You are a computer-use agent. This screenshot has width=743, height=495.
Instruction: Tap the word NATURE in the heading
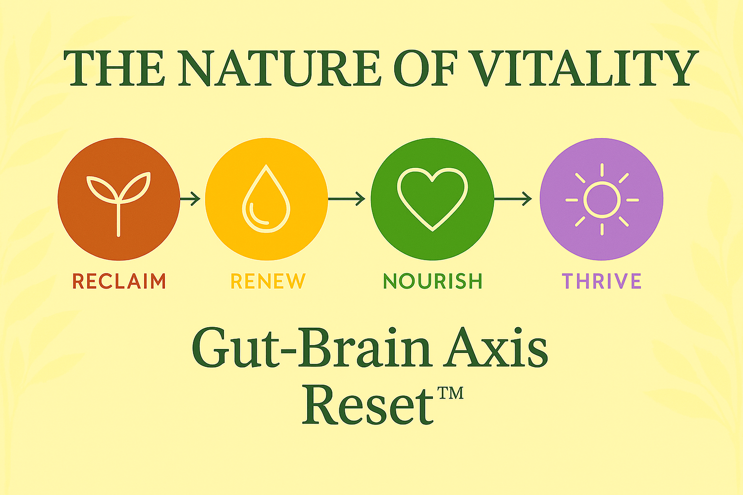click(x=280, y=68)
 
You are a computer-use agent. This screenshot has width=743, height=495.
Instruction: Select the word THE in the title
click(x=114, y=68)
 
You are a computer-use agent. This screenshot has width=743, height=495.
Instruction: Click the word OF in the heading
click(x=425, y=68)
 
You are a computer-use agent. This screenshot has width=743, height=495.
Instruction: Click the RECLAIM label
click(x=119, y=281)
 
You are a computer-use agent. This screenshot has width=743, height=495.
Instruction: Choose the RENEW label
click(x=268, y=281)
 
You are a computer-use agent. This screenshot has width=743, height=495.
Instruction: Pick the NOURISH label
click(x=432, y=281)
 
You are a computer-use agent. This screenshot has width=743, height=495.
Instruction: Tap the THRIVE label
click(x=602, y=281)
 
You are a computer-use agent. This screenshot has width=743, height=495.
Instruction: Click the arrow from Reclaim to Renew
click(x=190, y=199)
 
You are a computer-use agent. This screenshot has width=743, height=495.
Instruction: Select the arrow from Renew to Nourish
click(x=347, y=199)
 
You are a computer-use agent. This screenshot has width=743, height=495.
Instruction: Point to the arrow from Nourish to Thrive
click(x=513, y=199)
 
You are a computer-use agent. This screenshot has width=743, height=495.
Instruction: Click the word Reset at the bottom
click(x=368, y=405)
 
